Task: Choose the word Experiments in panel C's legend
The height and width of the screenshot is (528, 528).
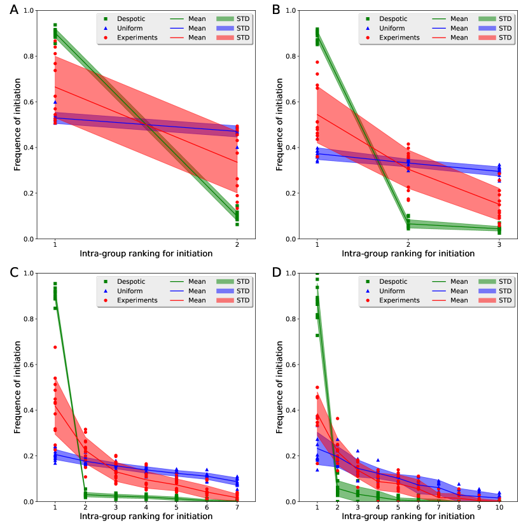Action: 141,300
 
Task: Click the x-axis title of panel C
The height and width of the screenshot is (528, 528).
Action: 146,517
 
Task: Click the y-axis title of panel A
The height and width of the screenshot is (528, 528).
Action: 18,124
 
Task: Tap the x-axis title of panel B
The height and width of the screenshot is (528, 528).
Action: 408,254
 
